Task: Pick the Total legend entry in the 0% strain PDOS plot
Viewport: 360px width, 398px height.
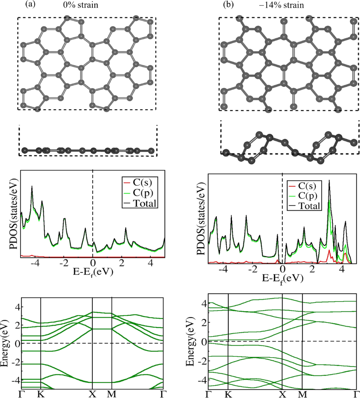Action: coord(144,202)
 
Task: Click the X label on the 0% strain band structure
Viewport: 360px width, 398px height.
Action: coord(92,393)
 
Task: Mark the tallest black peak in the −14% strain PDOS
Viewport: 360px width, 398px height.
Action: coord(329,180)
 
